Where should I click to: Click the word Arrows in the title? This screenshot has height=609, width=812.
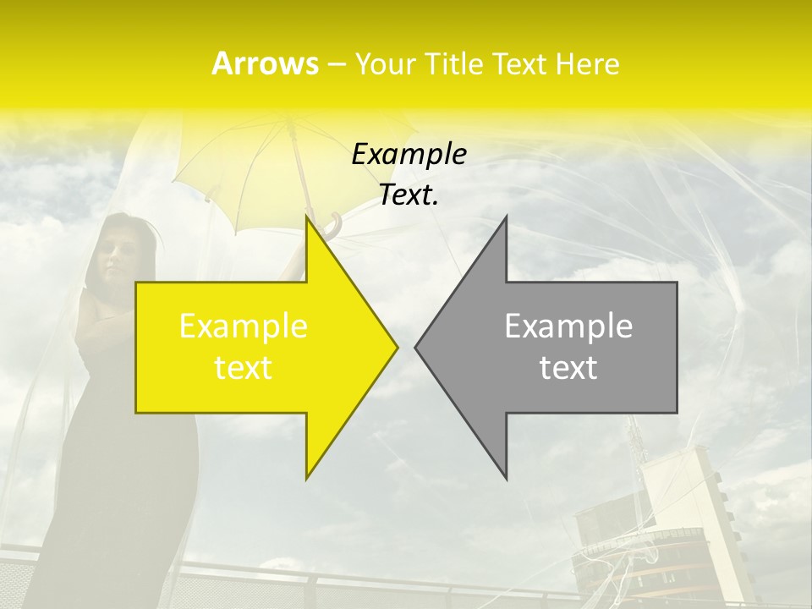point(265,63)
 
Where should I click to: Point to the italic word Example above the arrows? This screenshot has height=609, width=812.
point(409,154)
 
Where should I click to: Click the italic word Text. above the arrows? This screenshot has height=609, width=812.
point(409,195)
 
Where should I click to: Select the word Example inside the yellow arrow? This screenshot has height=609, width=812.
point(244,326)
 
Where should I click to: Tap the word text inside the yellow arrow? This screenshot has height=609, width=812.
point(244,368)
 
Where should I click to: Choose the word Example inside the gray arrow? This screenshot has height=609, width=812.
point(568,326)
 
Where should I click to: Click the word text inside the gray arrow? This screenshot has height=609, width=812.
point(568,368)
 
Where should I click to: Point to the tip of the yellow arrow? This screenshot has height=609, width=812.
point(396,347)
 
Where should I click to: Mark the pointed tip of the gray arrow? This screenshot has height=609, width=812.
point(416,347)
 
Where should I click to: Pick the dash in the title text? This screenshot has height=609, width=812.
point(336,64)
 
